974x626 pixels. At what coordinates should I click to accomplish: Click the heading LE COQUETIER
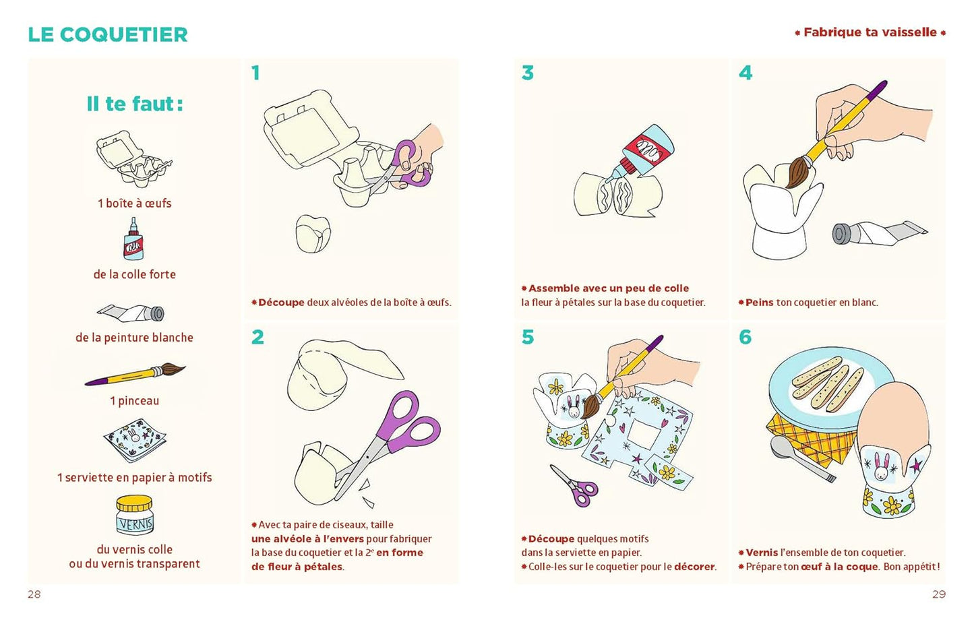coord(108,35)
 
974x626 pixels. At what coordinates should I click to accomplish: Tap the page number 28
coord(34,594)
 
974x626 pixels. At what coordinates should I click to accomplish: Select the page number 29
coord(939,594)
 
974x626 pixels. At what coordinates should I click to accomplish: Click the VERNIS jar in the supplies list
coord(134,515)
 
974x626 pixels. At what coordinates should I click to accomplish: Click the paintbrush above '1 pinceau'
coord(135,374)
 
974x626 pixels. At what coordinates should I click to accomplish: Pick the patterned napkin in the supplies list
coord(135,439)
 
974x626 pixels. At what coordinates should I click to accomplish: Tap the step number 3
coord(527,73)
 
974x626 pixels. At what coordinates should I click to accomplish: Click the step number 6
coord(745,337)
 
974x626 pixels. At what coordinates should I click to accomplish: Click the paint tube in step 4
coord(879,233)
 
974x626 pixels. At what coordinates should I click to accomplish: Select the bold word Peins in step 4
coord(759,303)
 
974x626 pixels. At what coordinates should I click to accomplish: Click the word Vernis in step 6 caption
coord(762,553)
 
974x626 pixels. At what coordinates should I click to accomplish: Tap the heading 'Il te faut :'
coord(135,104)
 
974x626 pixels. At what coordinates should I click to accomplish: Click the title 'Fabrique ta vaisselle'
coord(870,32)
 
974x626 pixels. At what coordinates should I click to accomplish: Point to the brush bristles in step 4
coord(797,172)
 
